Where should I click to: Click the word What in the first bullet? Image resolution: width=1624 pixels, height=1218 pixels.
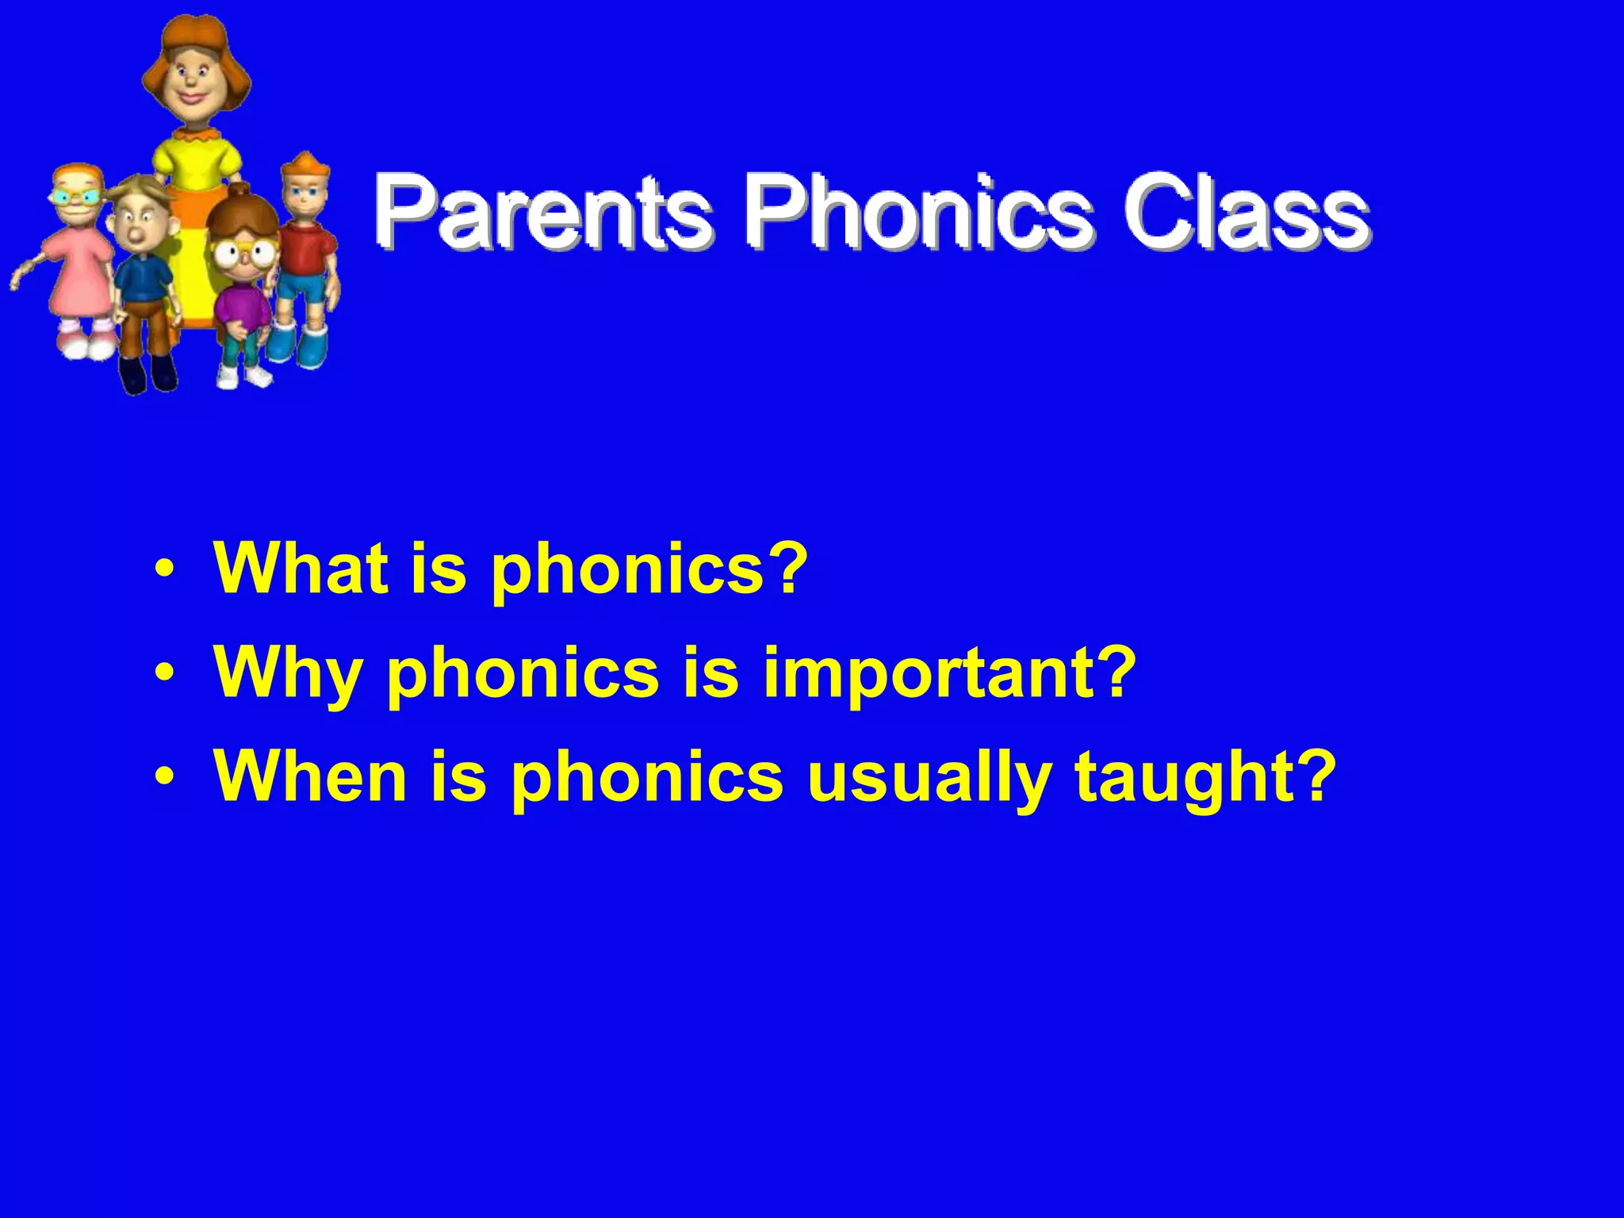tap(301, 568)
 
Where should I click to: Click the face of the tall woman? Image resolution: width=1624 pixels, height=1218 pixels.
tap(192, 80)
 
